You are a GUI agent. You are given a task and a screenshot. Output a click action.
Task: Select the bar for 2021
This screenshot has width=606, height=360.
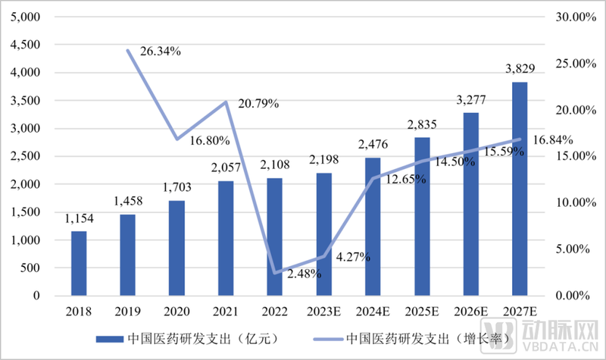[x=226, y=238]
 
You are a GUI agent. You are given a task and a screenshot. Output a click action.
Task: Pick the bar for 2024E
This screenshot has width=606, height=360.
[x=373, y=227]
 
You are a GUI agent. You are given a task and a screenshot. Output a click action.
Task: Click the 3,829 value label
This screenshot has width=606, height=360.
[x=520, y=69]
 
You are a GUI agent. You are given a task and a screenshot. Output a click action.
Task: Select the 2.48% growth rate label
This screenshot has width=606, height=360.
[x=305, y=273]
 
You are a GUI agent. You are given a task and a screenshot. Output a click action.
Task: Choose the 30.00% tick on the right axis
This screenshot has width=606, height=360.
[x=569, y=17]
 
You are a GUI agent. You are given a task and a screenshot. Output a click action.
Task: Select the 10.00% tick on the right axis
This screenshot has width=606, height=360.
[x=569, y=202]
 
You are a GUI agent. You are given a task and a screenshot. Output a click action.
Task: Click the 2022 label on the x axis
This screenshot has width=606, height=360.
[x=274, y=311]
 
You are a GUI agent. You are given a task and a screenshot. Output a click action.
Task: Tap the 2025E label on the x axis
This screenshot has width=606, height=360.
[x=422, y=311]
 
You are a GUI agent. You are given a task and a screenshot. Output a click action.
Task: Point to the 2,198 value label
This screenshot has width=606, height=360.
[x=323, y=160]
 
